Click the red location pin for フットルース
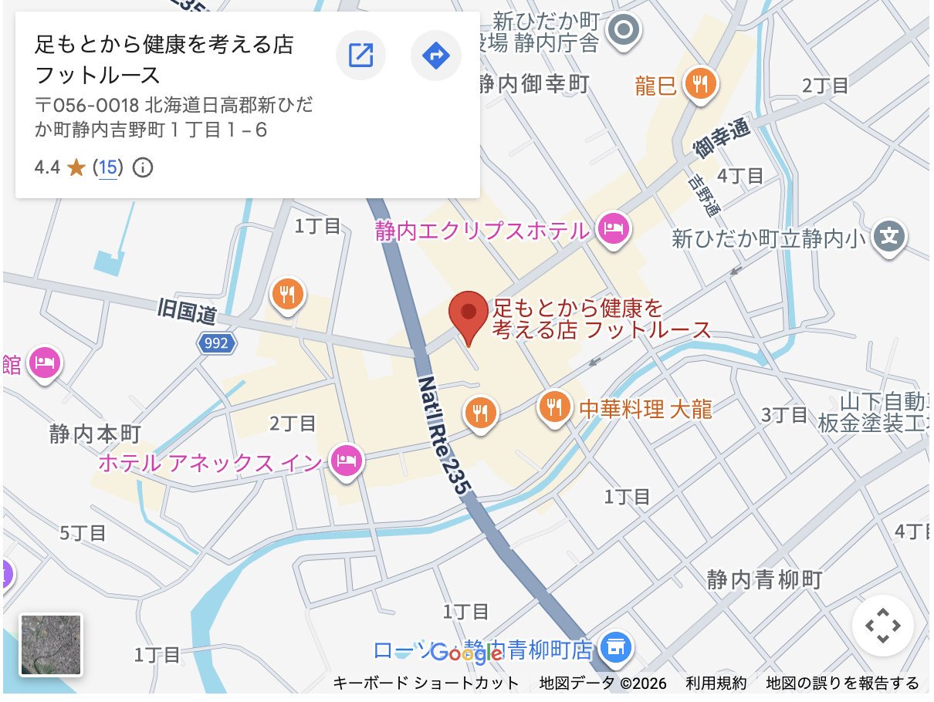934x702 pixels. click(469, 316)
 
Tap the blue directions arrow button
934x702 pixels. click(436, 55)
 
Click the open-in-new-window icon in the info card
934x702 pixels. click(360, 55)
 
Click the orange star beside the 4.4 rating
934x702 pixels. click(76, 167)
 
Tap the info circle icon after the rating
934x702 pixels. click(142, 167)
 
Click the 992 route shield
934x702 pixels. click(215, 343)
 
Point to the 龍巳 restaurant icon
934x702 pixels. click(701, 82)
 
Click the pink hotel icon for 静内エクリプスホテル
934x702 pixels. click(613, 228)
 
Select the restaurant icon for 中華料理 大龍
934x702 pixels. click(554, 405)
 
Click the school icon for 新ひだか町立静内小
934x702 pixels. click(890, 235)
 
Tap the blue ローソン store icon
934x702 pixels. click(615, 647)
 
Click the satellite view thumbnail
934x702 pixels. click(51, 645)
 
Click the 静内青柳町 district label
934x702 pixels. click(765, 579)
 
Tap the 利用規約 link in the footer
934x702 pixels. click(716, 683)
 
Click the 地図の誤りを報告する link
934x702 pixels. click(842, 683)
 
